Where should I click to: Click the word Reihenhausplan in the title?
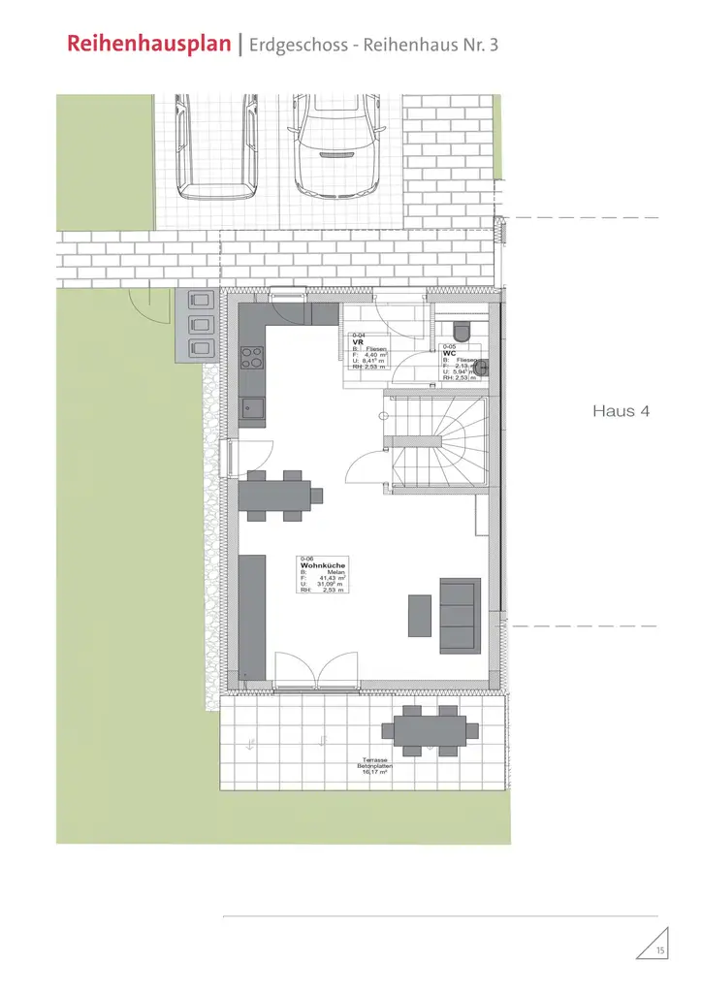(x=150, y=44)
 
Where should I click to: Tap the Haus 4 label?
(x=621, y=411)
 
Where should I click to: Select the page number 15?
(x=660, y=950)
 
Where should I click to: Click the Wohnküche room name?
(x=323, y=564)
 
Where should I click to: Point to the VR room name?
(x=357, y=341)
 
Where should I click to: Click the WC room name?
(x=449, y=353)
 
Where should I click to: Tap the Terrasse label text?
(x=375, y=758)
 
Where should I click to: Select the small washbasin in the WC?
(x=482, y=367)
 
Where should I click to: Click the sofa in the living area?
(x=461, y=616)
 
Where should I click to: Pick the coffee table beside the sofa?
(x=420, y=616)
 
